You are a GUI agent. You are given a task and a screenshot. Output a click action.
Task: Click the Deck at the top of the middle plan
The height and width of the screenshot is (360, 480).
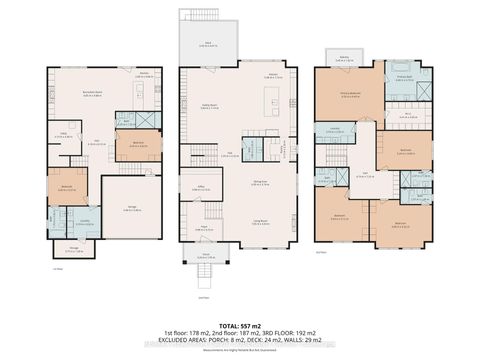pos(206,44)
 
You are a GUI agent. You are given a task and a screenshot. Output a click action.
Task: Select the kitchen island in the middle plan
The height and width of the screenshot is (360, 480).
pos(273,101)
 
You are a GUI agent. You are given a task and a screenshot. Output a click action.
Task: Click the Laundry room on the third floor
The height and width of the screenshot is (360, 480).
pos(335,130)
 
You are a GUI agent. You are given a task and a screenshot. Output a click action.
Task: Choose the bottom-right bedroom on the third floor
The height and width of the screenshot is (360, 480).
pos(402,223)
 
